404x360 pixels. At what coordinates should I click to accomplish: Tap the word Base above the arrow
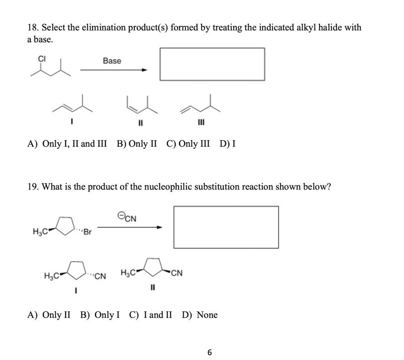click(112, 61)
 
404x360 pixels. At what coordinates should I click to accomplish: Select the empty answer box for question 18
click(212, 64)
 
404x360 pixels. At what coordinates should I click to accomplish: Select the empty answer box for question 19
click(226, 227)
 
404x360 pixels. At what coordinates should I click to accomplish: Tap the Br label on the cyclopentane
click(87, 232)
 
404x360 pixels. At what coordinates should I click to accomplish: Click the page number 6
click(209, 353)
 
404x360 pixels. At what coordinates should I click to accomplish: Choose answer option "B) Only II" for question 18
click(137, 144)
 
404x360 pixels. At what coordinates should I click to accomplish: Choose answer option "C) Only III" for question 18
click(188, 144)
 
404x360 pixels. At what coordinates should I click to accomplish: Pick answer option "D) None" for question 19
click(200, 315)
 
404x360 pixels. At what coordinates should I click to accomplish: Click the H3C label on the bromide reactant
click(39, 231)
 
